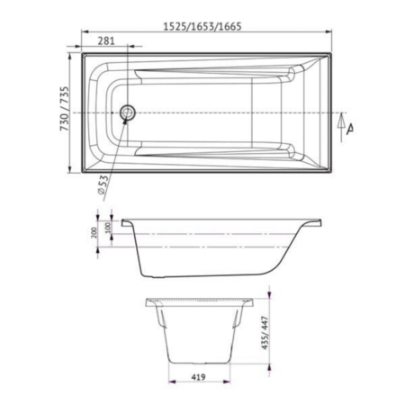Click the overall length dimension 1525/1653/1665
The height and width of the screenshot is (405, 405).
202,27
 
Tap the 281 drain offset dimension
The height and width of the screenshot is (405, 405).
106,40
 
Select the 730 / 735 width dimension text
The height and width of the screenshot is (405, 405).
65,109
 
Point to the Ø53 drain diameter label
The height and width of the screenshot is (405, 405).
103,184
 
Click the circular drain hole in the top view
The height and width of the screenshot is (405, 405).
128,112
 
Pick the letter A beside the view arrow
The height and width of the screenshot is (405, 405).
349,129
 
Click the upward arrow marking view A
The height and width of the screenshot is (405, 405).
341,127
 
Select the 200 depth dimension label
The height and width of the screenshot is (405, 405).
94,232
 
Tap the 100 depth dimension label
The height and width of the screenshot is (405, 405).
108,228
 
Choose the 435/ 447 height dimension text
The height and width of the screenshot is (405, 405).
265,333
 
